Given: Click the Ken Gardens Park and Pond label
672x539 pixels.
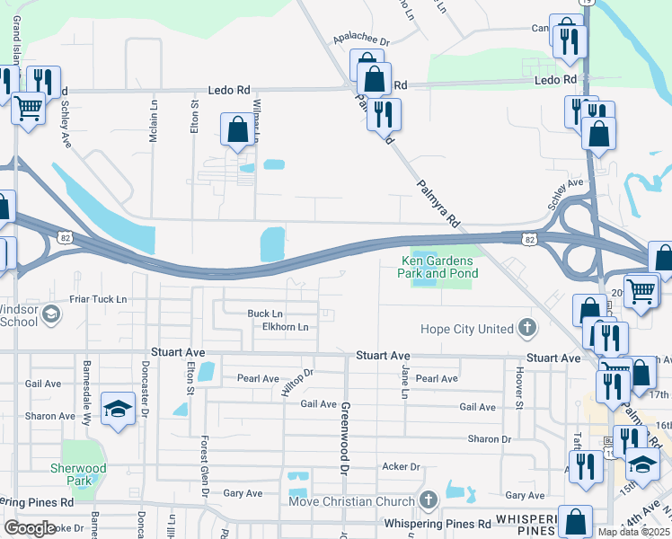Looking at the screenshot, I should (x=439, y=267).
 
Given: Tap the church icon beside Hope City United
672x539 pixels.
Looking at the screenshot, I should (x=526, y=329).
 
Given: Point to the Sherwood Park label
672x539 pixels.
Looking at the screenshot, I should (x=85, y=474).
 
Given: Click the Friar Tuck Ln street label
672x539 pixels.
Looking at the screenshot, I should (x=99, y=299).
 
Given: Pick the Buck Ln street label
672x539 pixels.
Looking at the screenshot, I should (x=265, y=314).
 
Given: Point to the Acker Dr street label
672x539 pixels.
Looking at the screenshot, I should (x=402, y=467).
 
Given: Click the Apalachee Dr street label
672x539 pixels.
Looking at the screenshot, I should (x=361, y=41).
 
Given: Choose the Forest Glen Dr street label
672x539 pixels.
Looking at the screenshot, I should (x=205, y=467).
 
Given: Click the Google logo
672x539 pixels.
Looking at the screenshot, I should (x=30, y=528).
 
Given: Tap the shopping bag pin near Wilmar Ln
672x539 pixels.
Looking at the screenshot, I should (x=237, y=129).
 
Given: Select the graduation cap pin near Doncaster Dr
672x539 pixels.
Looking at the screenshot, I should (x=118, y=410).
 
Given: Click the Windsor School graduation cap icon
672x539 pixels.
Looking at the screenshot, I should (x=51, y=314).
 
